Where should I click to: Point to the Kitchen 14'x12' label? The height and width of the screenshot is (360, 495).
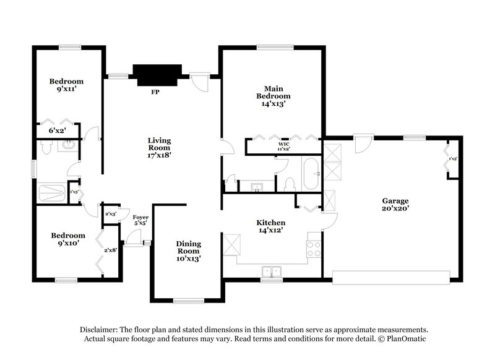pos(270,226)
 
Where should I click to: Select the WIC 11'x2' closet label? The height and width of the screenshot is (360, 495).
pos(283,146)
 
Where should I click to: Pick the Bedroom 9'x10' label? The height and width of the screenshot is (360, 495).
pos(67,239)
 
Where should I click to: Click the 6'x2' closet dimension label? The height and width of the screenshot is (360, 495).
pos(57,131)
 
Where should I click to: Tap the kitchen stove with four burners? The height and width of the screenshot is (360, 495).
pos(314,248)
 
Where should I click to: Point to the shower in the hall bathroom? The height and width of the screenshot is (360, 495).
pos(51,193)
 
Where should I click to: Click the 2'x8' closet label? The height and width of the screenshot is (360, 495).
pos(110,250)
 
